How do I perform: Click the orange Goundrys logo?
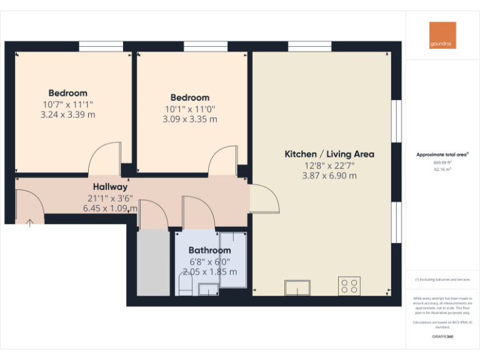[442, 35]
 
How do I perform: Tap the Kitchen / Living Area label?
[329, 154]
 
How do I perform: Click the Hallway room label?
[110, 187]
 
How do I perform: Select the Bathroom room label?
[209, 251]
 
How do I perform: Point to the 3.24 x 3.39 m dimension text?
[67, 115]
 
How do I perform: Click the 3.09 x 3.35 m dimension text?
[189, 119]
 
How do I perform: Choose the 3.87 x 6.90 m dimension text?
[329, 176]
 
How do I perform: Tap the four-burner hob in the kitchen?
[349, 286]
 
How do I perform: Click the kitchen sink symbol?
[298, 287]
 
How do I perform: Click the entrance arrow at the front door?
[29, 221]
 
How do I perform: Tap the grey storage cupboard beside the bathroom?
[153, 262]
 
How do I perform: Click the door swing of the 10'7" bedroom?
[103, 159]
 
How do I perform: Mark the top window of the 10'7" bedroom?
[101, 46]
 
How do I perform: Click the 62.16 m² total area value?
[442, 169]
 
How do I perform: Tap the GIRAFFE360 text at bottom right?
[442, 337]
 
